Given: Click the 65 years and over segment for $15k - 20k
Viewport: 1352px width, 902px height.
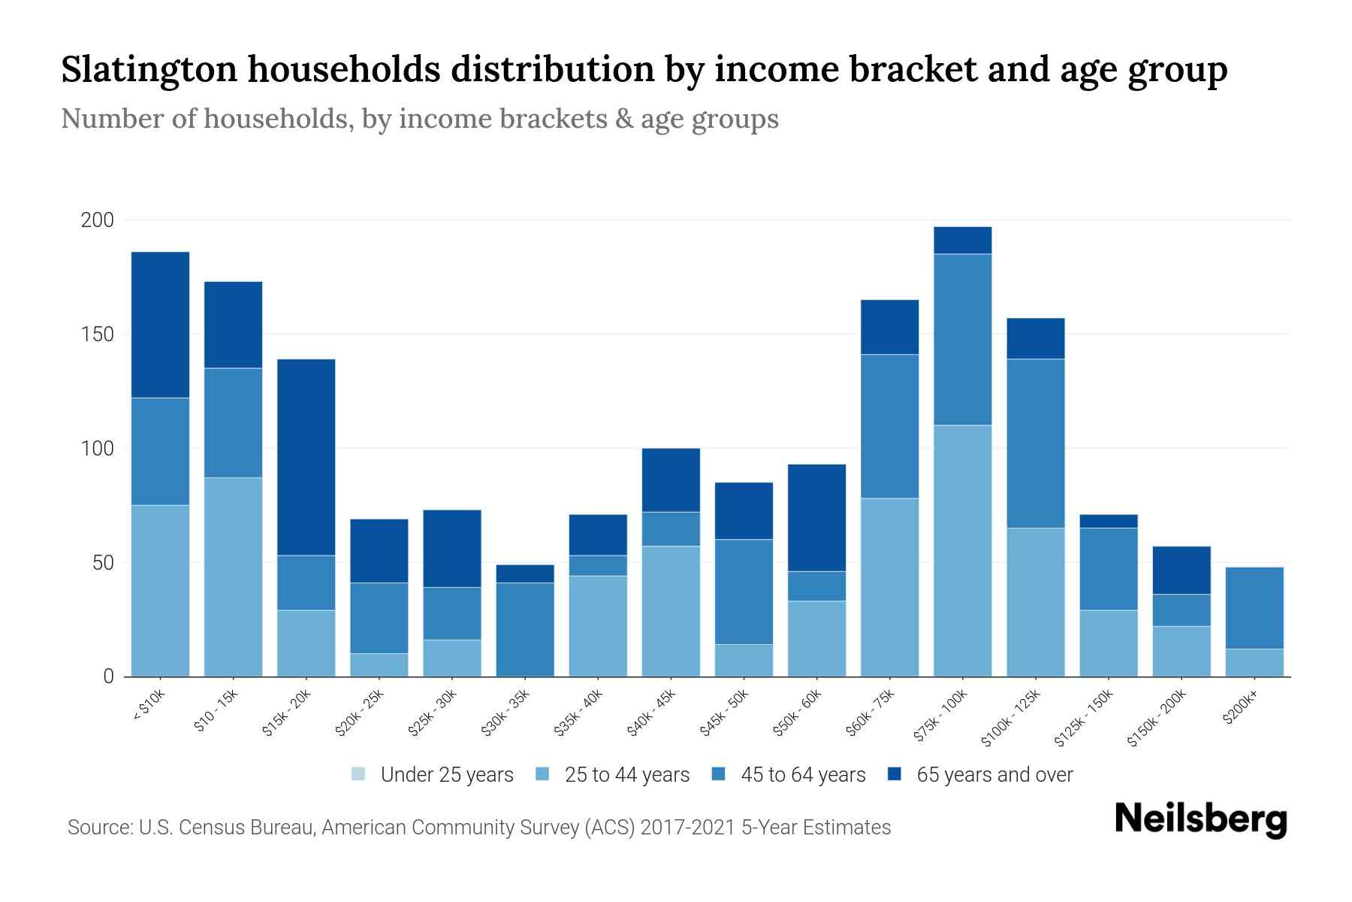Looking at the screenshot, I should [306, 457].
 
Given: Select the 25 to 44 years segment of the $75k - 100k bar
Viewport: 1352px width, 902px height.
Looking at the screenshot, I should [962, 550].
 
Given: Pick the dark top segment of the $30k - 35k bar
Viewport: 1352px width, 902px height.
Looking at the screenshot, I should [525, 574].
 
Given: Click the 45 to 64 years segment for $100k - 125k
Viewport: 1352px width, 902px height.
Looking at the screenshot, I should [1035, 443].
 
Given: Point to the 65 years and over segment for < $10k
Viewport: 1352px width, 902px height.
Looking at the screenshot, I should [160, 325].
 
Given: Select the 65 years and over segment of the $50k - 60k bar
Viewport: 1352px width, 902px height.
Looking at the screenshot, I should [816, 517].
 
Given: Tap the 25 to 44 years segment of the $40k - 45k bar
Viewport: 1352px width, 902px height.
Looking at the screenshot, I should [671, 610].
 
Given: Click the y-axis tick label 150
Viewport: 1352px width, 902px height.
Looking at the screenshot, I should [97, 334].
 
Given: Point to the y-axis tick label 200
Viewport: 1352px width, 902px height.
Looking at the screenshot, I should [97, 220].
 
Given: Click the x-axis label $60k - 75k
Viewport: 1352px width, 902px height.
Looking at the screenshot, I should [871, 713].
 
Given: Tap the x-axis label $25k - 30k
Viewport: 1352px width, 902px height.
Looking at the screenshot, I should [433, 713].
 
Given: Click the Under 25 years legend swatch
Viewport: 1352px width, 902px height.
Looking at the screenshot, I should [358, 773].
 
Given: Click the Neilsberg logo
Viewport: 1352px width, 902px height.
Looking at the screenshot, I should [1200, 819].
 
